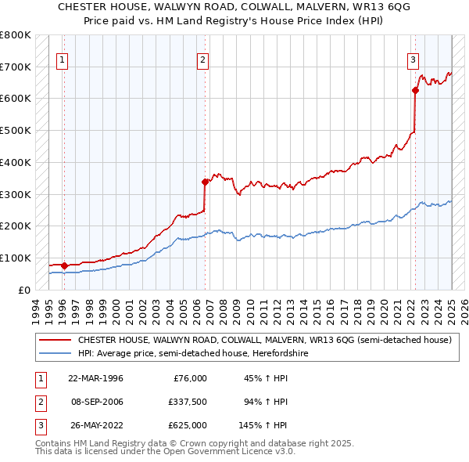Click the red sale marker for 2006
pos(206,182)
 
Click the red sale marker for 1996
pos(64,265)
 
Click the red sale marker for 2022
pos(415,90)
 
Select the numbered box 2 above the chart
pos(202,59)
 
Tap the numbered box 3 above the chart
pos(412,59)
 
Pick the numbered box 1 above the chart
pos(61,59)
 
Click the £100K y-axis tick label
pos(15,258)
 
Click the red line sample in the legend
pos(55,341)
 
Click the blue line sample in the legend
pos(55,353)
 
